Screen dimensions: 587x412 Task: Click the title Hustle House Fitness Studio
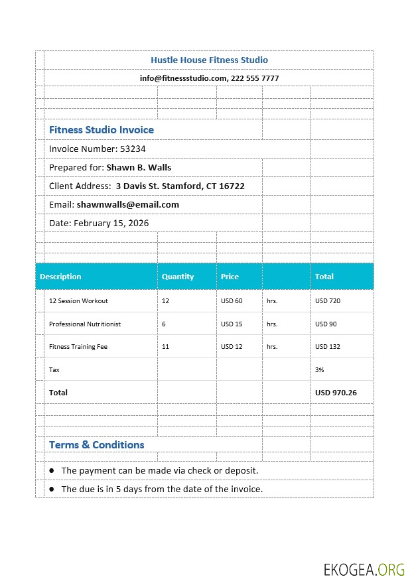pos(209,60)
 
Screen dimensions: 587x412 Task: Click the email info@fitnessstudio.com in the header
pos(184,78)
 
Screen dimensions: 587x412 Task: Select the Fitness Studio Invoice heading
pos(102,130)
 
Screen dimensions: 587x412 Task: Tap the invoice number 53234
pos(133,149)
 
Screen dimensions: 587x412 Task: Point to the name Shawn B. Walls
pos(139,168)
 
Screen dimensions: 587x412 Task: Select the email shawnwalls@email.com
pos(127,205)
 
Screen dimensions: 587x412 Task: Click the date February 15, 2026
pos(111,224)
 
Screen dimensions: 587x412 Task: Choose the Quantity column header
pos(178,277)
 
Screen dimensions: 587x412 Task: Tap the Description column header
pos(60,277)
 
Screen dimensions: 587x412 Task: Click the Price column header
pos(230,277)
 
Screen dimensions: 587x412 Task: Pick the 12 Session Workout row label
pos(78,301)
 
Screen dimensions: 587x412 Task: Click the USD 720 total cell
pos(327,301)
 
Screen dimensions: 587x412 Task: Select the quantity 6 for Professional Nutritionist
pos(164,324)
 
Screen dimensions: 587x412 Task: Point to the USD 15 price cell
pos(232,324)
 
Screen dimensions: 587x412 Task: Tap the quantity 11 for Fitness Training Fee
pos(165,347)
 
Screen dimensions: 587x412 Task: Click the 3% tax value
pos(319,370)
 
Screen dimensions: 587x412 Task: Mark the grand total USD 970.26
pos(336,393)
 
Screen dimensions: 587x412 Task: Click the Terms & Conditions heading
pos(97,445)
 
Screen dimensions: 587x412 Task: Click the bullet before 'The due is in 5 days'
pos(52,489)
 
